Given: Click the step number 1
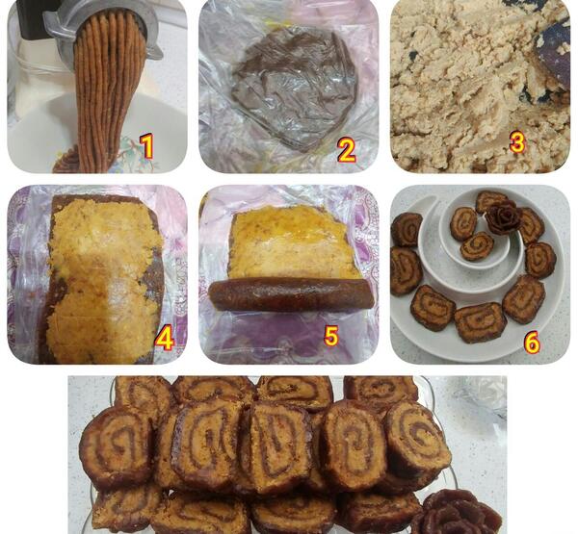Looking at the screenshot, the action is pos(147,146).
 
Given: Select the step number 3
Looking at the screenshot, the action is pos(516,142).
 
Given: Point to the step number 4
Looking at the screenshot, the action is pos(165,339).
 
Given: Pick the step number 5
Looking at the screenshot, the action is pos(331,336).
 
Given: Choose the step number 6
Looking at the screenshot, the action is pos(532,343).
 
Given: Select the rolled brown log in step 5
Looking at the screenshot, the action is pos(291,293).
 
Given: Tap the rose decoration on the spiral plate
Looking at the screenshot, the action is pos(502,218).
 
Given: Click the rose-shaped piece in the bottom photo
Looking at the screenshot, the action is pos(457,513).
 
